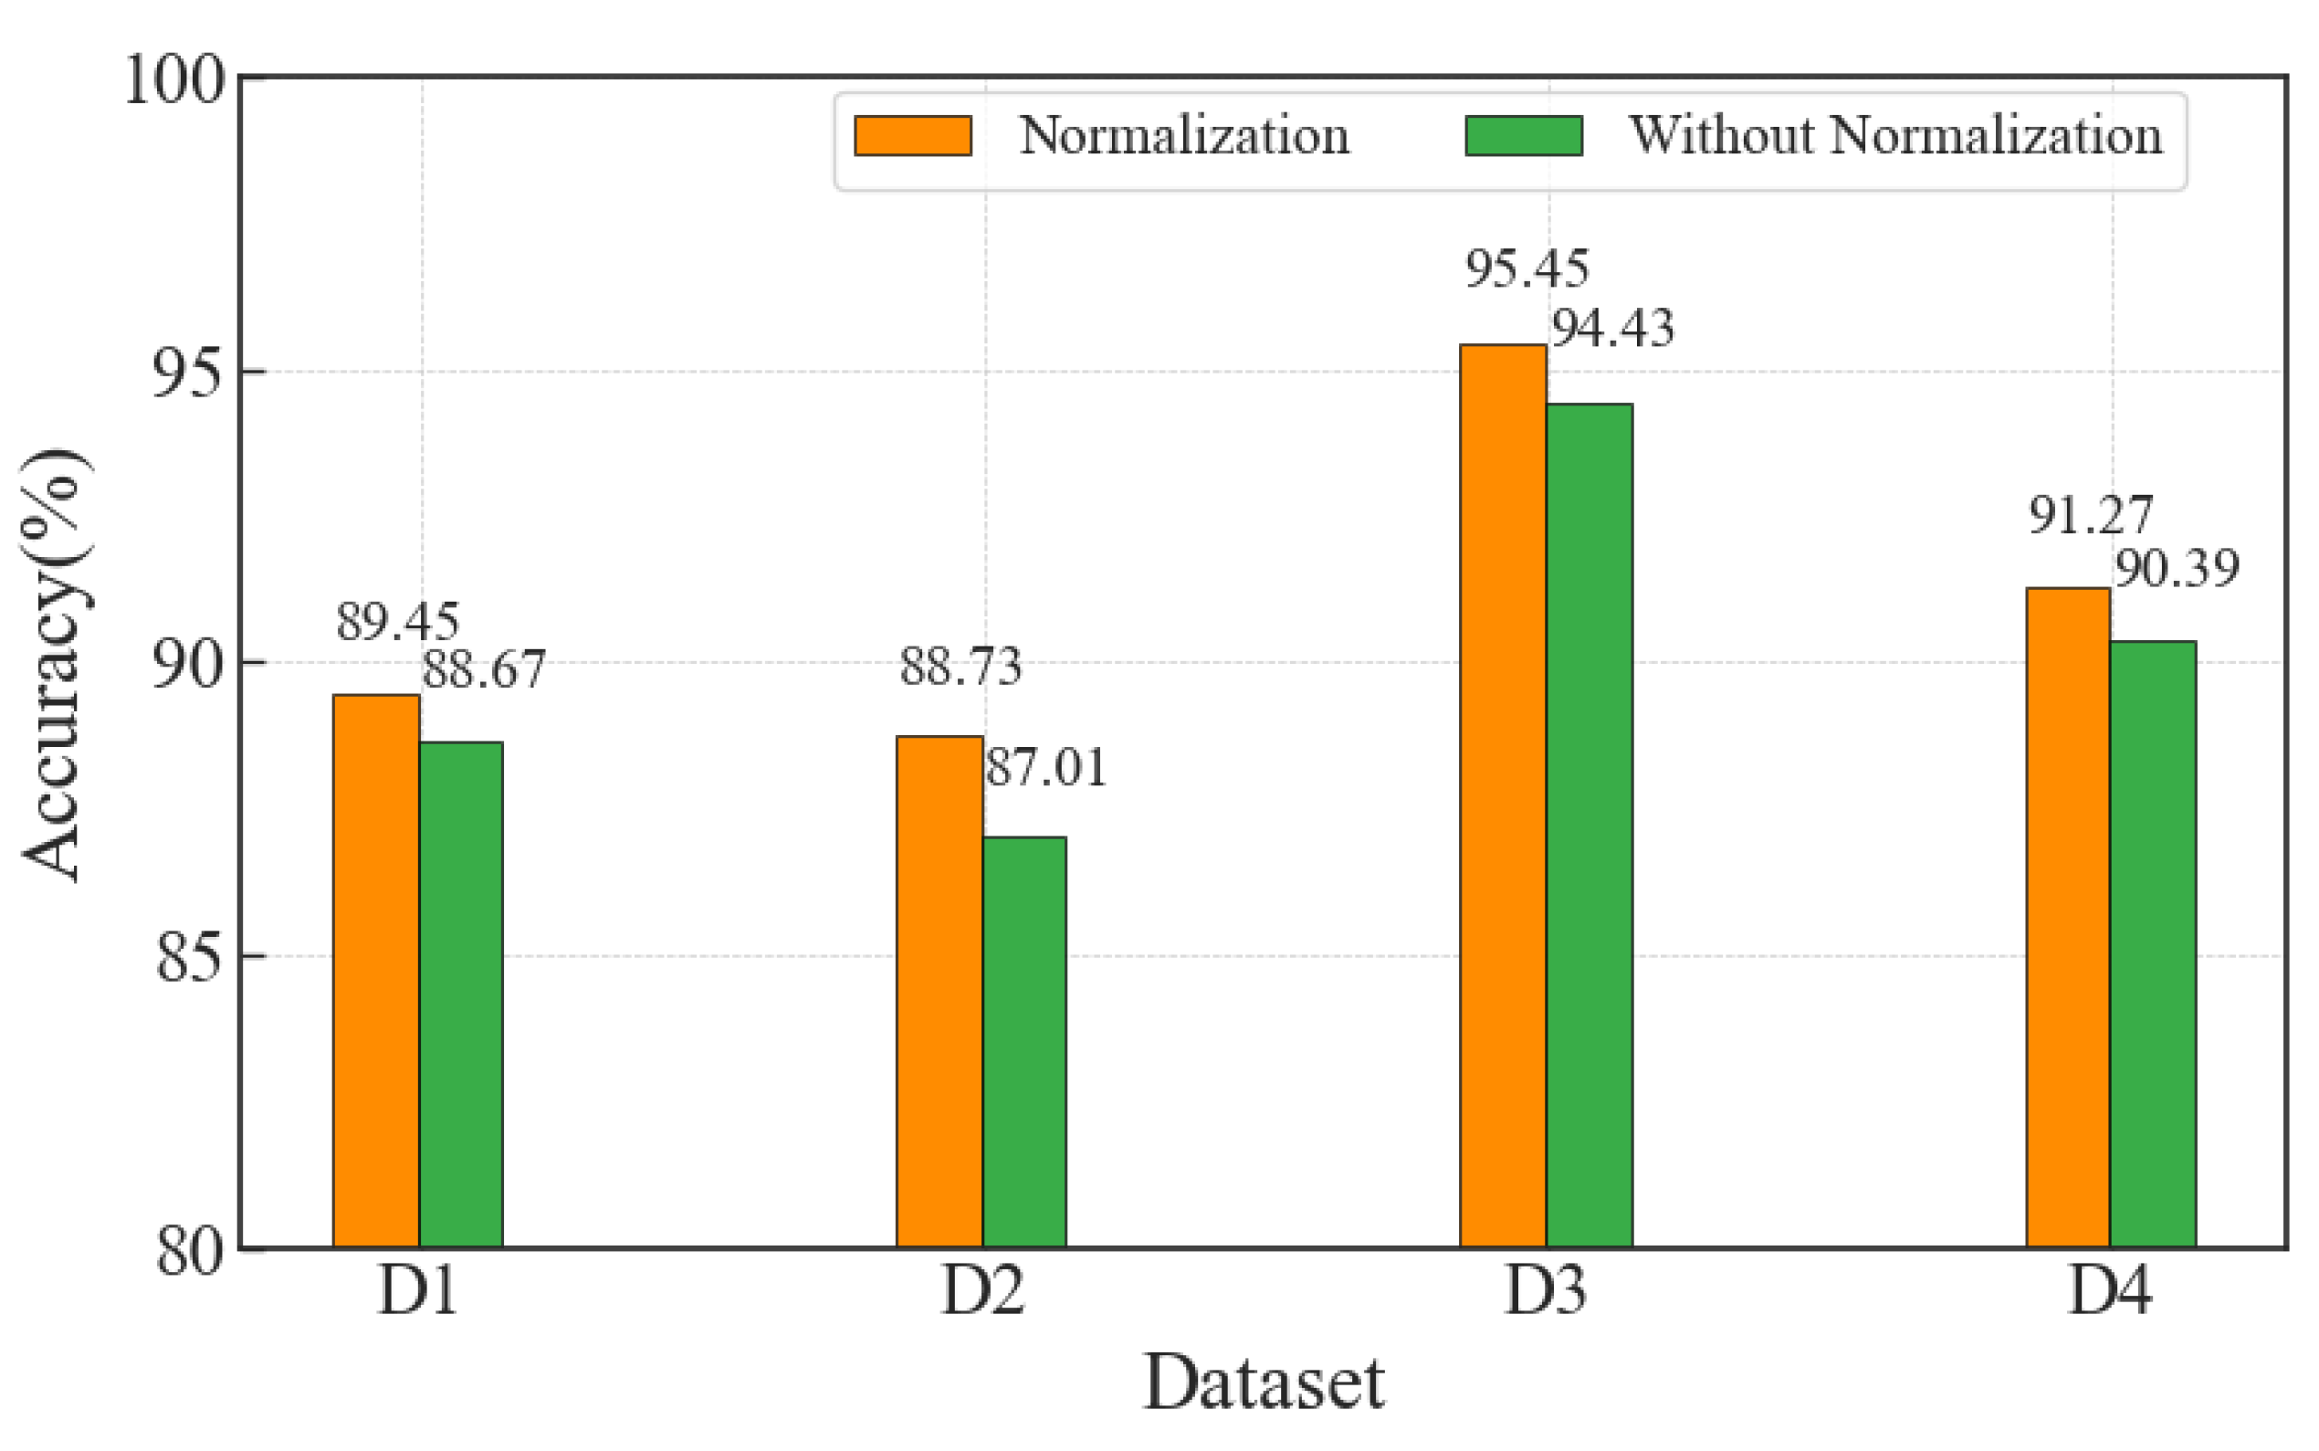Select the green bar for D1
tap(460, 994)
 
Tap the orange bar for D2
tap(939, 992)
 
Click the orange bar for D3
tap(1503, 795)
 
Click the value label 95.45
tap(1527, 268)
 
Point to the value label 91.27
tap(2090, 515)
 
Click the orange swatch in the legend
tap(912, 135)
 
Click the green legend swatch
tap(1524, 135)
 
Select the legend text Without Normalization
tap(1896, 135)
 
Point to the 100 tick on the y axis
tap(173, 79)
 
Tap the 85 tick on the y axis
tap(188, 957)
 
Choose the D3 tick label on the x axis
tap(1545, 1290)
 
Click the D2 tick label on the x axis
tap(981, 1290)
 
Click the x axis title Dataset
tap(1264, 1383)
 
